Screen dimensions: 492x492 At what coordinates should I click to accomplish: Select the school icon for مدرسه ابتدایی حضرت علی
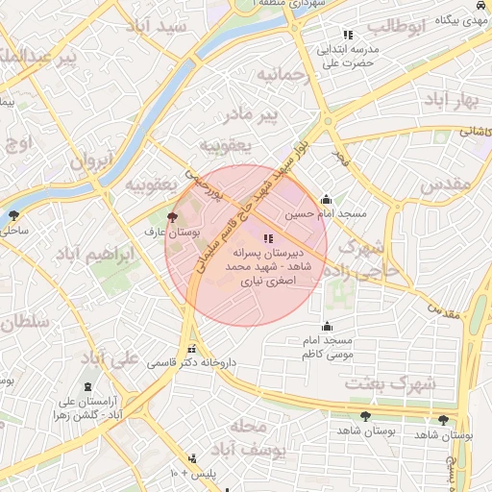pyautogui.click(x=347, y=36)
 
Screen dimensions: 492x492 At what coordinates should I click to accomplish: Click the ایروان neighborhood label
pyautogui.click(x=92, y=160)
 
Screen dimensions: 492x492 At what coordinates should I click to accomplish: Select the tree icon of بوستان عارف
pyautogui.click(x=172, y=218)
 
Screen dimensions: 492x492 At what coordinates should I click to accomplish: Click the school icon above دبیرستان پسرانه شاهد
pyautogui.click(x=267, y=238)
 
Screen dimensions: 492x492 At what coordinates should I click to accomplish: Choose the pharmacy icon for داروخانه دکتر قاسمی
pyautogui.click(x=192, y=350)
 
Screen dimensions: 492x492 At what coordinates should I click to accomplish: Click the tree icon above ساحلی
pyautogui.click(x=13, y=215)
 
